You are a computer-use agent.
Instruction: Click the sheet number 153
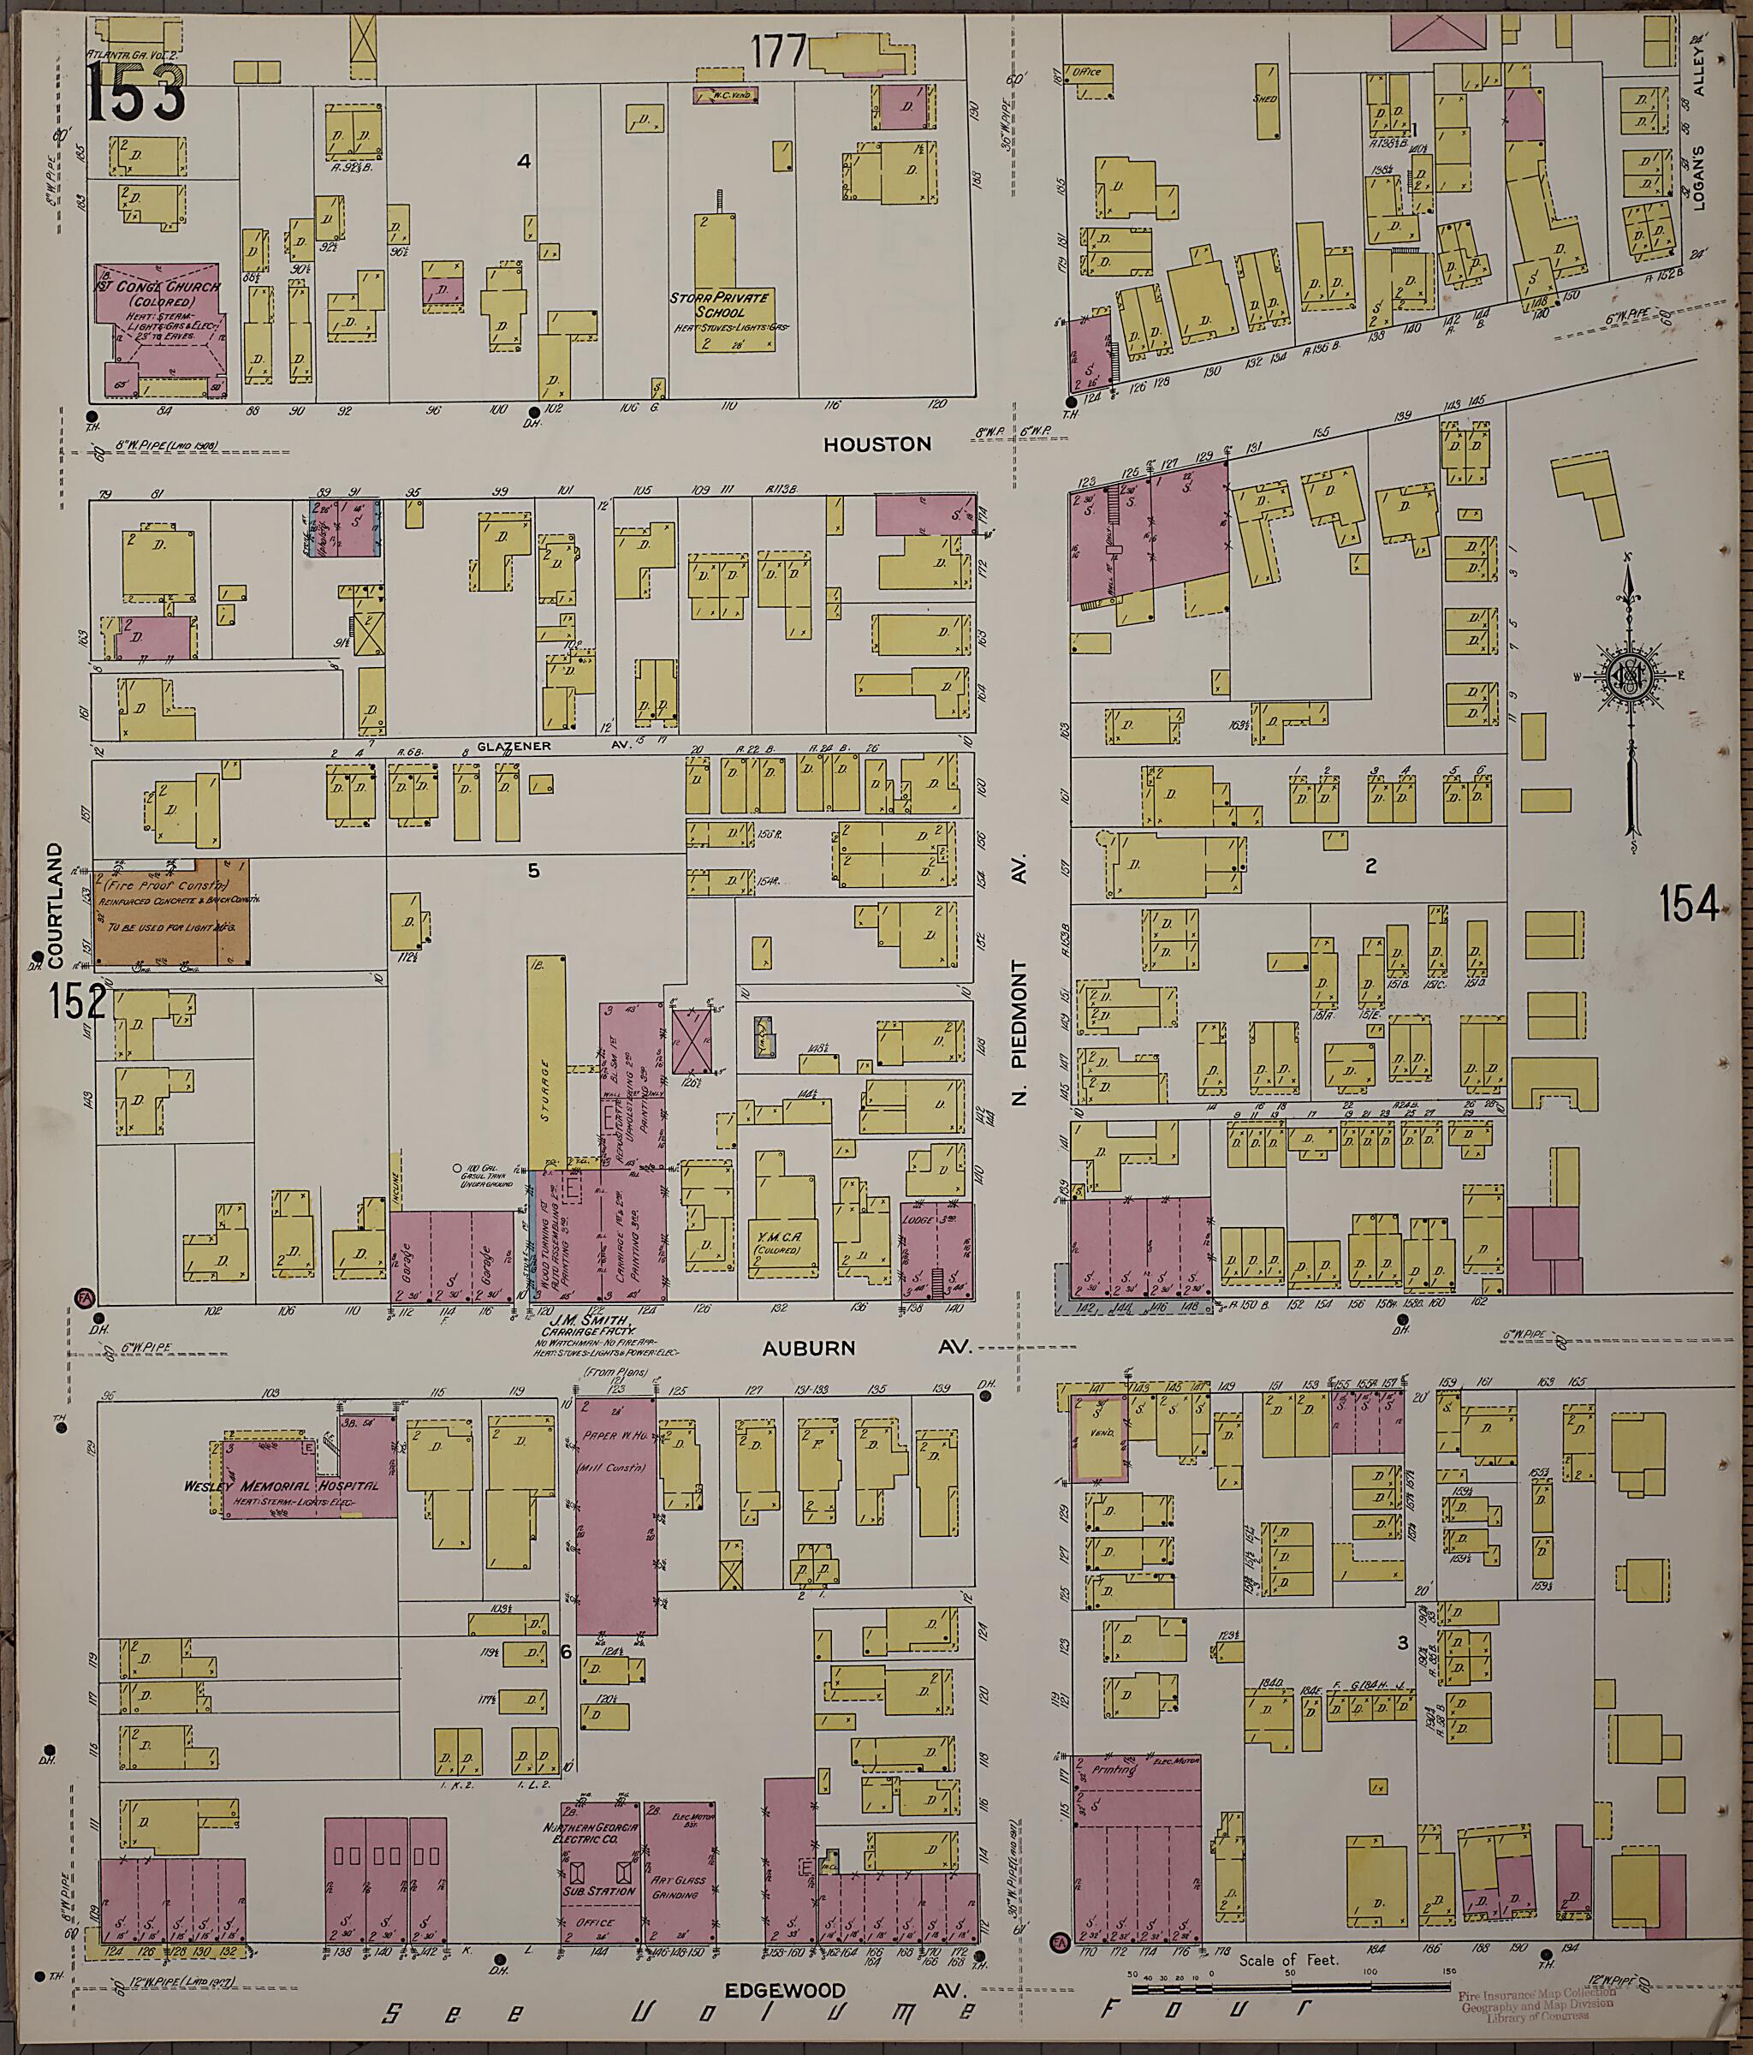(x=136, y=92)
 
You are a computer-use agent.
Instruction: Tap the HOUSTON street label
(x=876, y=444)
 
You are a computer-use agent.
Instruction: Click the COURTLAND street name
(x=55, y=904)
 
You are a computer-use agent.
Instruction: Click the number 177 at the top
(x=779, y=52)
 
